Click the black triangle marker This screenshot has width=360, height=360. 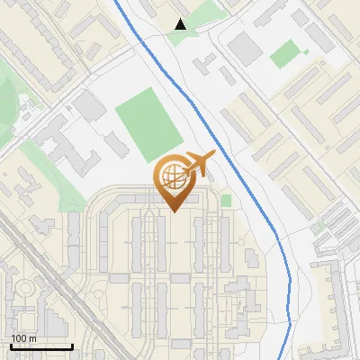[181, 24]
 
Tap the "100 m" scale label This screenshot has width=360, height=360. [23, 338]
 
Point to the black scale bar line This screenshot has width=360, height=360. [41, 346]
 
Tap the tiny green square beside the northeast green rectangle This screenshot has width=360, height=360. [306, 52]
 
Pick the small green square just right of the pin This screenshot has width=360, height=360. [226, 200]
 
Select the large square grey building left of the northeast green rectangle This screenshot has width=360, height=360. [245, 49]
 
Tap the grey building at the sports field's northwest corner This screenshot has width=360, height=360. [90, 107]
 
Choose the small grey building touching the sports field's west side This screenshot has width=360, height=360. [114, 142]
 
